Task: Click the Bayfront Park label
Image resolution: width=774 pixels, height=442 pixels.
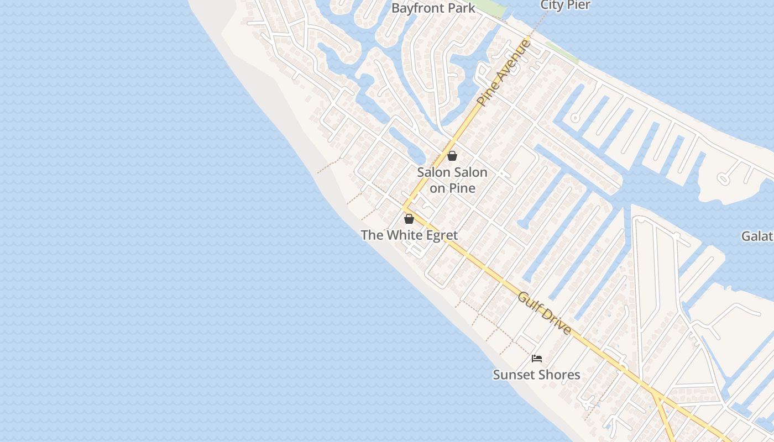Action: [433, 8]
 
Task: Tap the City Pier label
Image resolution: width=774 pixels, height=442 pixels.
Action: [565, 5]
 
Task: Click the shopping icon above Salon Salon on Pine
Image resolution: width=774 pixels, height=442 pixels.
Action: [452, 156]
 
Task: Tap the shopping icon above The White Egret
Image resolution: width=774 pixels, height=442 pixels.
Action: [409, 219]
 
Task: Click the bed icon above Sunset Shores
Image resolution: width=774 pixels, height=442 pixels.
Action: [536, 359]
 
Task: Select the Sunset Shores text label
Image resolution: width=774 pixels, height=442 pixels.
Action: [536, 375]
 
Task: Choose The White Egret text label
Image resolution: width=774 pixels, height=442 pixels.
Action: [409, 235]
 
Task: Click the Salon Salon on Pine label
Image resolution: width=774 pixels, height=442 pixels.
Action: [452, 180]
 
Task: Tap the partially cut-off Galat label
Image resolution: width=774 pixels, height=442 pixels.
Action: [757, 236]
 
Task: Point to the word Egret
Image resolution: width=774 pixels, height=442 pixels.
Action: [442, 235]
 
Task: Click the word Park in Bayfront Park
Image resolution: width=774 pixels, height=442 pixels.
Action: [462, 8]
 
